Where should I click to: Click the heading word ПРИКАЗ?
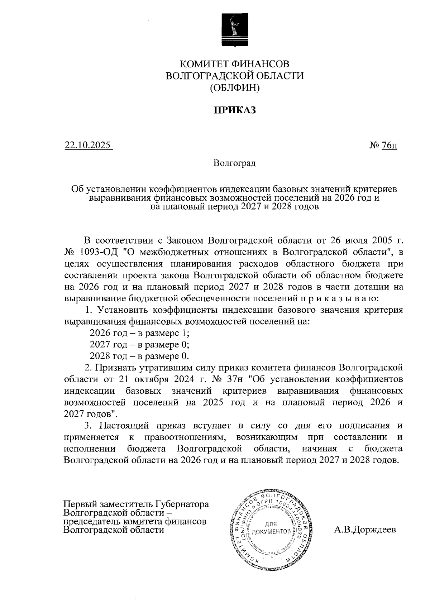(235, 110)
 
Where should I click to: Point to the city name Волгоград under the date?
(234, 164)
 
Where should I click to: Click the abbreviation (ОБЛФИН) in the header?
(234, 87)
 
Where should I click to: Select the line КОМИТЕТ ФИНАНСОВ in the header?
(234, 64)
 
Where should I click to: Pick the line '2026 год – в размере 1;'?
(139, 333)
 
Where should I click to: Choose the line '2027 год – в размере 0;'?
(139, 345)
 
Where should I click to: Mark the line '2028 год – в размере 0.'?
(139, 356)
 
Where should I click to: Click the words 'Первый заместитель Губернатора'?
(136, 504)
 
